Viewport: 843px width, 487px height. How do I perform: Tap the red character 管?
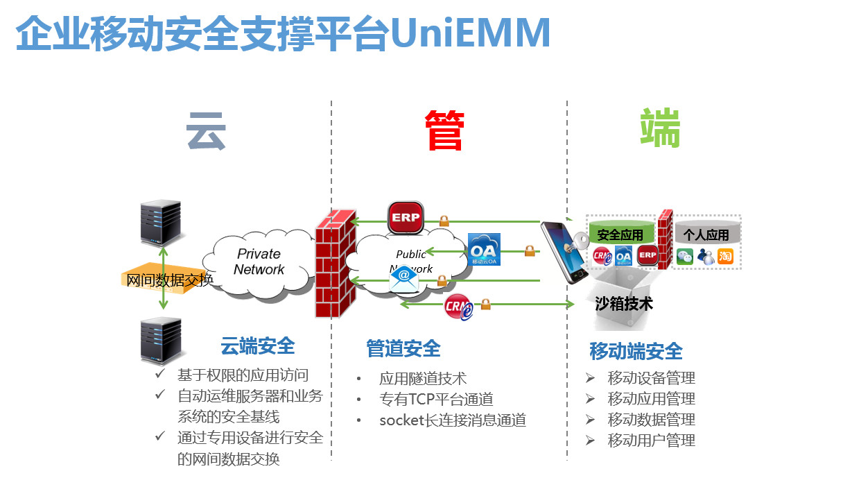(444, 130)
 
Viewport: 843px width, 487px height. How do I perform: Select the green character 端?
(660, 128)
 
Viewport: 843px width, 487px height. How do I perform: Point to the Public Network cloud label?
(411, 261)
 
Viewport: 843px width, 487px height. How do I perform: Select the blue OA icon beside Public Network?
(484, 250)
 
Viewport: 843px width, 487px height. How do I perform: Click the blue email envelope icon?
(403, 279)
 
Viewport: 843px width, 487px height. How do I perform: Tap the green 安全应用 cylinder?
(621, 234)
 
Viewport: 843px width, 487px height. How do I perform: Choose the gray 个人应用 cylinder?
(706, 234)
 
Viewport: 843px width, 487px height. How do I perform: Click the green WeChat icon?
(685, 256)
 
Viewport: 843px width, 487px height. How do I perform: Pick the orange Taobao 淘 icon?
(725, 256)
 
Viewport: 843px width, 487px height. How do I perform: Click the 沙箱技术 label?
(624, 304)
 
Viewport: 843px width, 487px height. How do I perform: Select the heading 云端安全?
(257, 345)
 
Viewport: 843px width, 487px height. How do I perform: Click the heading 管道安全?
(403, 348)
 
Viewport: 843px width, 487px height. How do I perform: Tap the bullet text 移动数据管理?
(651, 420)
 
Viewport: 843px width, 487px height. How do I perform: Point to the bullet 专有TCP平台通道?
(436, 400)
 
